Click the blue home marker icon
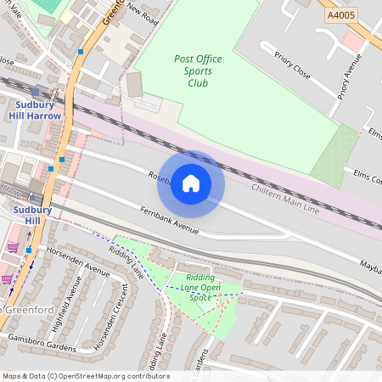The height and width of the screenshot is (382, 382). (191, 183)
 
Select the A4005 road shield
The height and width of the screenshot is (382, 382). (341, 15)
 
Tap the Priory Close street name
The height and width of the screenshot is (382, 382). (293, 67)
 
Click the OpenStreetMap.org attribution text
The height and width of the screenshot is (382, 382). (110, 376)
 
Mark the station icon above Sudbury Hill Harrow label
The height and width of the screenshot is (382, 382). (35, 92)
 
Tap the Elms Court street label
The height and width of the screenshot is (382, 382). (367, 177)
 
